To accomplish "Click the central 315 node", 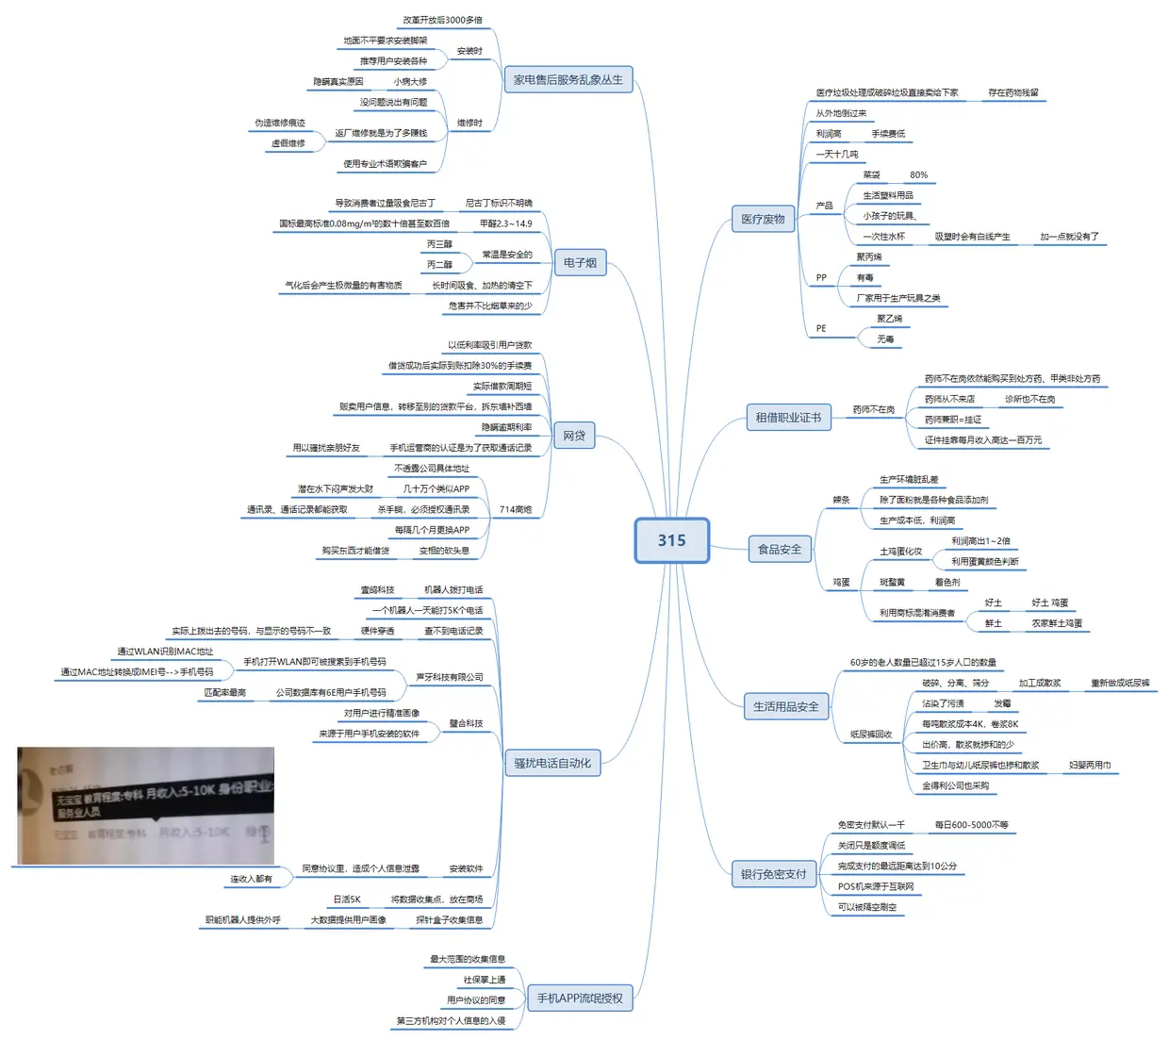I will click(671, 540).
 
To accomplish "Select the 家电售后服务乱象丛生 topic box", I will click(568, 80).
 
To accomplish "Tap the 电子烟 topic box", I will click(580, 263).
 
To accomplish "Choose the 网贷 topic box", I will click(574, 436).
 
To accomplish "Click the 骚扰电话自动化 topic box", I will click(552, 763).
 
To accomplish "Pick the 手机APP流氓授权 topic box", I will click(580, 999).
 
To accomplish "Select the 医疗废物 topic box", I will click(763, 220).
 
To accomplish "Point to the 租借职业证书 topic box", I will click(788, 418).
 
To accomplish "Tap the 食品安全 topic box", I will click(780, 549).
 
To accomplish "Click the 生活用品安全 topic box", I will click(785, 706).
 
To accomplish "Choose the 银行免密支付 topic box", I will click(773, 874).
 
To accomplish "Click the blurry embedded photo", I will click(145, 805).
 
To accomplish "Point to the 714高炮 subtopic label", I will click(515, 509).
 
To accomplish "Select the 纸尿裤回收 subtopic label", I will click(870, 734).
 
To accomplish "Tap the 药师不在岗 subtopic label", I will click(873, 409).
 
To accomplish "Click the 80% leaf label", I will click(918, 174).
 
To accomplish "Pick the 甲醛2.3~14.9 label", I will click(505, 223).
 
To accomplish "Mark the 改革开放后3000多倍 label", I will click(442, 20).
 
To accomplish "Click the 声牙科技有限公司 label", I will click(449, 677).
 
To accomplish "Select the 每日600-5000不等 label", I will click(971, 825).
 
